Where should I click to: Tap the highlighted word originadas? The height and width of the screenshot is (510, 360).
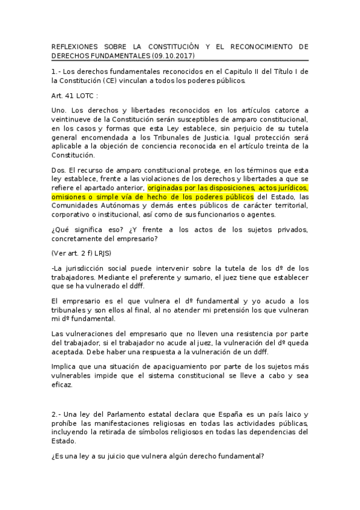[x=165, y=187]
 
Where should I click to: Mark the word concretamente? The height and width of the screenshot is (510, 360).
[x=81, y=239]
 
